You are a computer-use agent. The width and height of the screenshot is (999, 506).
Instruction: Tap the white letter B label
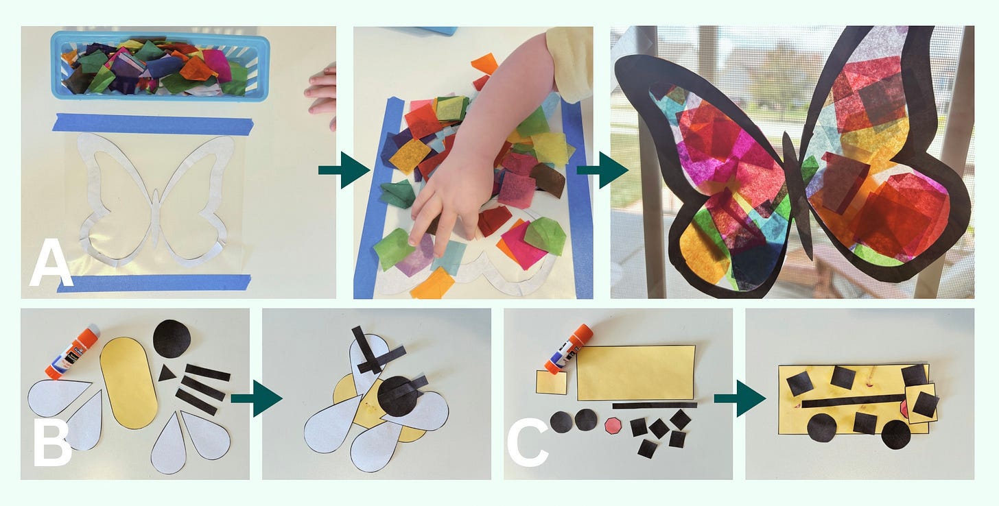(x=52, y=444)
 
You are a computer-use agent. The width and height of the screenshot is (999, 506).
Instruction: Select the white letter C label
(x=528, y=444)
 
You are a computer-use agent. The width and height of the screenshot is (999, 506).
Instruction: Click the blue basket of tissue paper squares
(x=160, y=66)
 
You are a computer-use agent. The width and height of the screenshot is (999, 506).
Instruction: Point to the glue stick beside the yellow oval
(x=72, y=352)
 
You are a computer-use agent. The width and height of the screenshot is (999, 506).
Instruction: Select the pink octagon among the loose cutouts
(x=614, y=426)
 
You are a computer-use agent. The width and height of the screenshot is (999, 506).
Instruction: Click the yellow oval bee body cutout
(x=129, y=383)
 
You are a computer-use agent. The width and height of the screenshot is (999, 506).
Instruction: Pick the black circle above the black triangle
(x=172, y=339)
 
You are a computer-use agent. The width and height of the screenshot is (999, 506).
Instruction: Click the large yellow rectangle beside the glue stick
(x=636, y=373)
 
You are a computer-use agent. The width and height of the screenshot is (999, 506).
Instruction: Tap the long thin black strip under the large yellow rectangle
(x=655, y=406)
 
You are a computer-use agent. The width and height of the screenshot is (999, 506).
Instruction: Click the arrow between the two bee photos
(x=257, y=398)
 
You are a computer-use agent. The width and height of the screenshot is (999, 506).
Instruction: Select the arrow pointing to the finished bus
(x=740, y=398)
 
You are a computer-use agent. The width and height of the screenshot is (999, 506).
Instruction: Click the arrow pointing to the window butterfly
(x=602, y=170)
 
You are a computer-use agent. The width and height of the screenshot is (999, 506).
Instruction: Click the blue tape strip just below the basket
(x=153, y=124)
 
